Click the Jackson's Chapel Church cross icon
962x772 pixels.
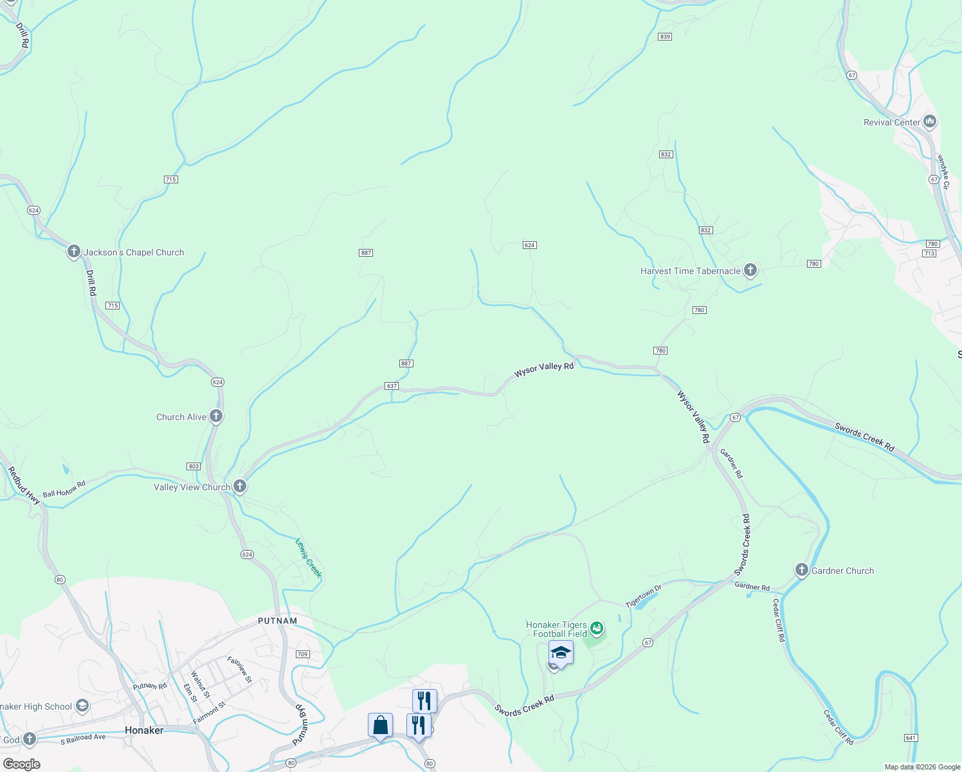click(x=74, y=252)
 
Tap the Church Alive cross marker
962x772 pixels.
click(x=216, y=416)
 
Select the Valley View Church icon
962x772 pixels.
click(x=240, y=486)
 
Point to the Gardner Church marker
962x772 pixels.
click(x=801, y=570)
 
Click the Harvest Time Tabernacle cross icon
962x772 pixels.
click(x=750, y=270)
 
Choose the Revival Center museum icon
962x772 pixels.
click(x=929, y=121)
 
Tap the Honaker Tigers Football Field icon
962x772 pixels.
click(x=597, y=628)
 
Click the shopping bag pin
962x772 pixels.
click(x=380, y=725)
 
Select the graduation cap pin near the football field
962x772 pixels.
click(x=561, y=652)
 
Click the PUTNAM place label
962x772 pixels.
click(x=278, y=621)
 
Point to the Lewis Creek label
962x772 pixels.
click(x=308, y=558)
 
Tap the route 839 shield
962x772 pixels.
click(x=665, y=37)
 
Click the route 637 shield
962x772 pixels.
click(x=392, y=386)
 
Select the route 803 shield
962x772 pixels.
click(x=194, y=466)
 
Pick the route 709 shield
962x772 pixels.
click(x=303, y=654)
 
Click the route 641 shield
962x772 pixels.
click(x=910, y=737)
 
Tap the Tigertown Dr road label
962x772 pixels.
click(x=643, y=596)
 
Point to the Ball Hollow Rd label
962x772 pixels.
click(x=64, y=490)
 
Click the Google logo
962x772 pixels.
click(x=21, y=764)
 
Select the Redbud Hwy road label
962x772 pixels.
click(x=24, y=484)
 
